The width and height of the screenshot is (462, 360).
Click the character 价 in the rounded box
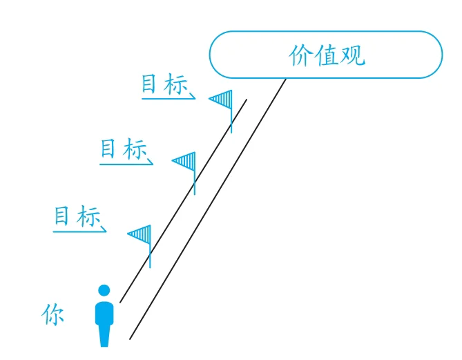coord(300,56)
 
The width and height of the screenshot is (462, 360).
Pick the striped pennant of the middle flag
coord(185,162)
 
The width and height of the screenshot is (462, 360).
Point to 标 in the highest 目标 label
coord(175,85)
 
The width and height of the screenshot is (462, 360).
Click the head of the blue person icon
coord(104,290)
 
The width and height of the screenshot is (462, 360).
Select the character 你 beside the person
coord(52,315)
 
